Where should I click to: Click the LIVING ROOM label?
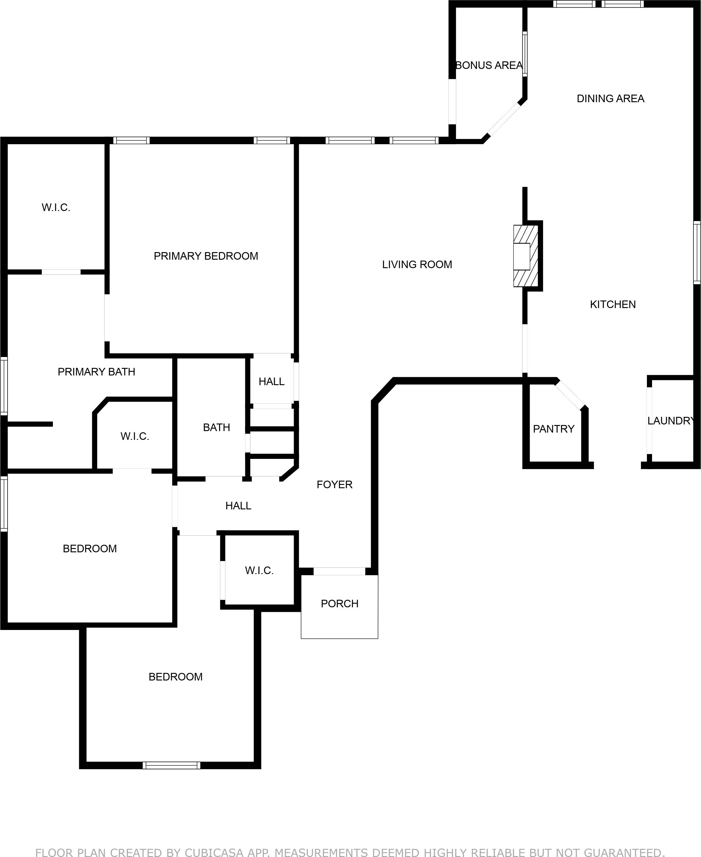417,265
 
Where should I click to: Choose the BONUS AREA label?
489,66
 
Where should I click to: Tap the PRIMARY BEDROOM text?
206,256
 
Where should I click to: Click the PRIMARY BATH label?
96,372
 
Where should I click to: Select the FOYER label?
334,485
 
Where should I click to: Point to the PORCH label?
340,604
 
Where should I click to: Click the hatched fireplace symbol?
526,256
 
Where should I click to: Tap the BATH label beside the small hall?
216,427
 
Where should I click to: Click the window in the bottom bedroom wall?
172,765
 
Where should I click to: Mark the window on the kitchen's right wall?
697,252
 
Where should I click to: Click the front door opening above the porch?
340,571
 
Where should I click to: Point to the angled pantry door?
570,394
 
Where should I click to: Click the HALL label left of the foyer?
238,506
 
